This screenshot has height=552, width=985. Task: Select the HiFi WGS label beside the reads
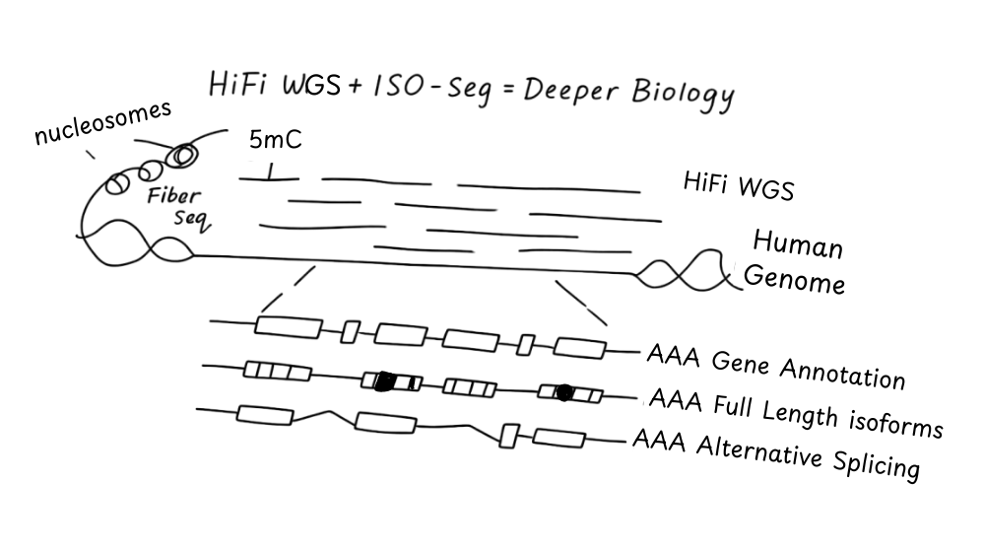[x=738, y=185]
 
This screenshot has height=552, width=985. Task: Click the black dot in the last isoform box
[x=563, y=392]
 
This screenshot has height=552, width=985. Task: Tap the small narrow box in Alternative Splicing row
[x=509, y=435]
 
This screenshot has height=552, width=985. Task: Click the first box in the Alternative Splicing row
[x=266, y=415]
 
